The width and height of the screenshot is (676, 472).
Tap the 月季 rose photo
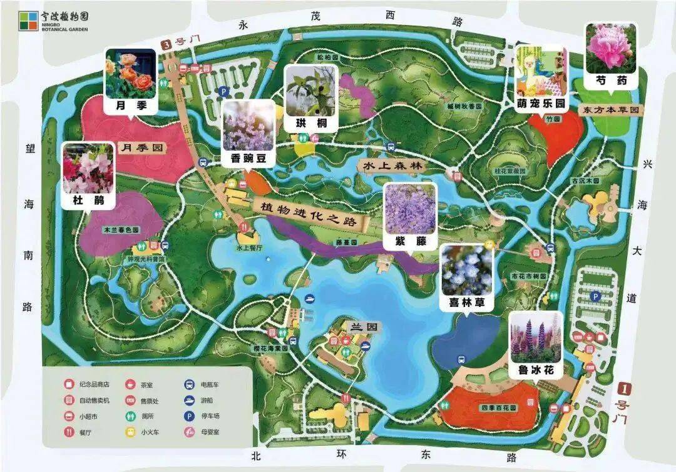(x=130, y=74)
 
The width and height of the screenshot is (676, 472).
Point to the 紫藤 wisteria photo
(x=409, y=209)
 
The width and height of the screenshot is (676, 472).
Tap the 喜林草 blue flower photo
(x=466, y=270)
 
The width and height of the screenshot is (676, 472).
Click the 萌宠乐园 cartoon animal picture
(x=541, y=71)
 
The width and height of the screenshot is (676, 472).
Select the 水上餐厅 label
(x=249, y=248)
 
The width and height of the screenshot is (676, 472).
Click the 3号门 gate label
(x=175, y=44)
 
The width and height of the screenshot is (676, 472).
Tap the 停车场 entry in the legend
(x=209, y=416)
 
